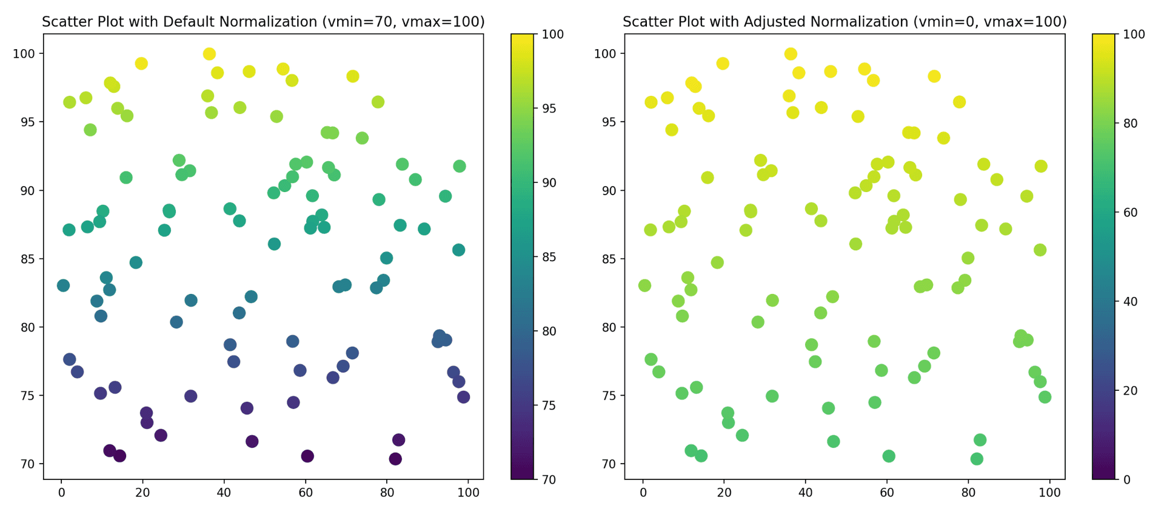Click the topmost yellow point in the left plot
(x=209, y=54)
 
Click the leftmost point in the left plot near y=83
(x=63, y=285)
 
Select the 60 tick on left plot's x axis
(x=306, y=493)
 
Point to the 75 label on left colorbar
(x=549, y=405)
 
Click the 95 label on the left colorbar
(x=549, y=108)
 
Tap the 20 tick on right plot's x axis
(x=724, y=493)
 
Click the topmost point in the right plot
(x=791, y=54)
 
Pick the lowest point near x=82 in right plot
(x=977, y=459)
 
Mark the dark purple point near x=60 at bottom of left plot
(x=307, y=456)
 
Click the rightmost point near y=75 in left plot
(x=463, y=397)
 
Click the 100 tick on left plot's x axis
(x=468, y=493)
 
